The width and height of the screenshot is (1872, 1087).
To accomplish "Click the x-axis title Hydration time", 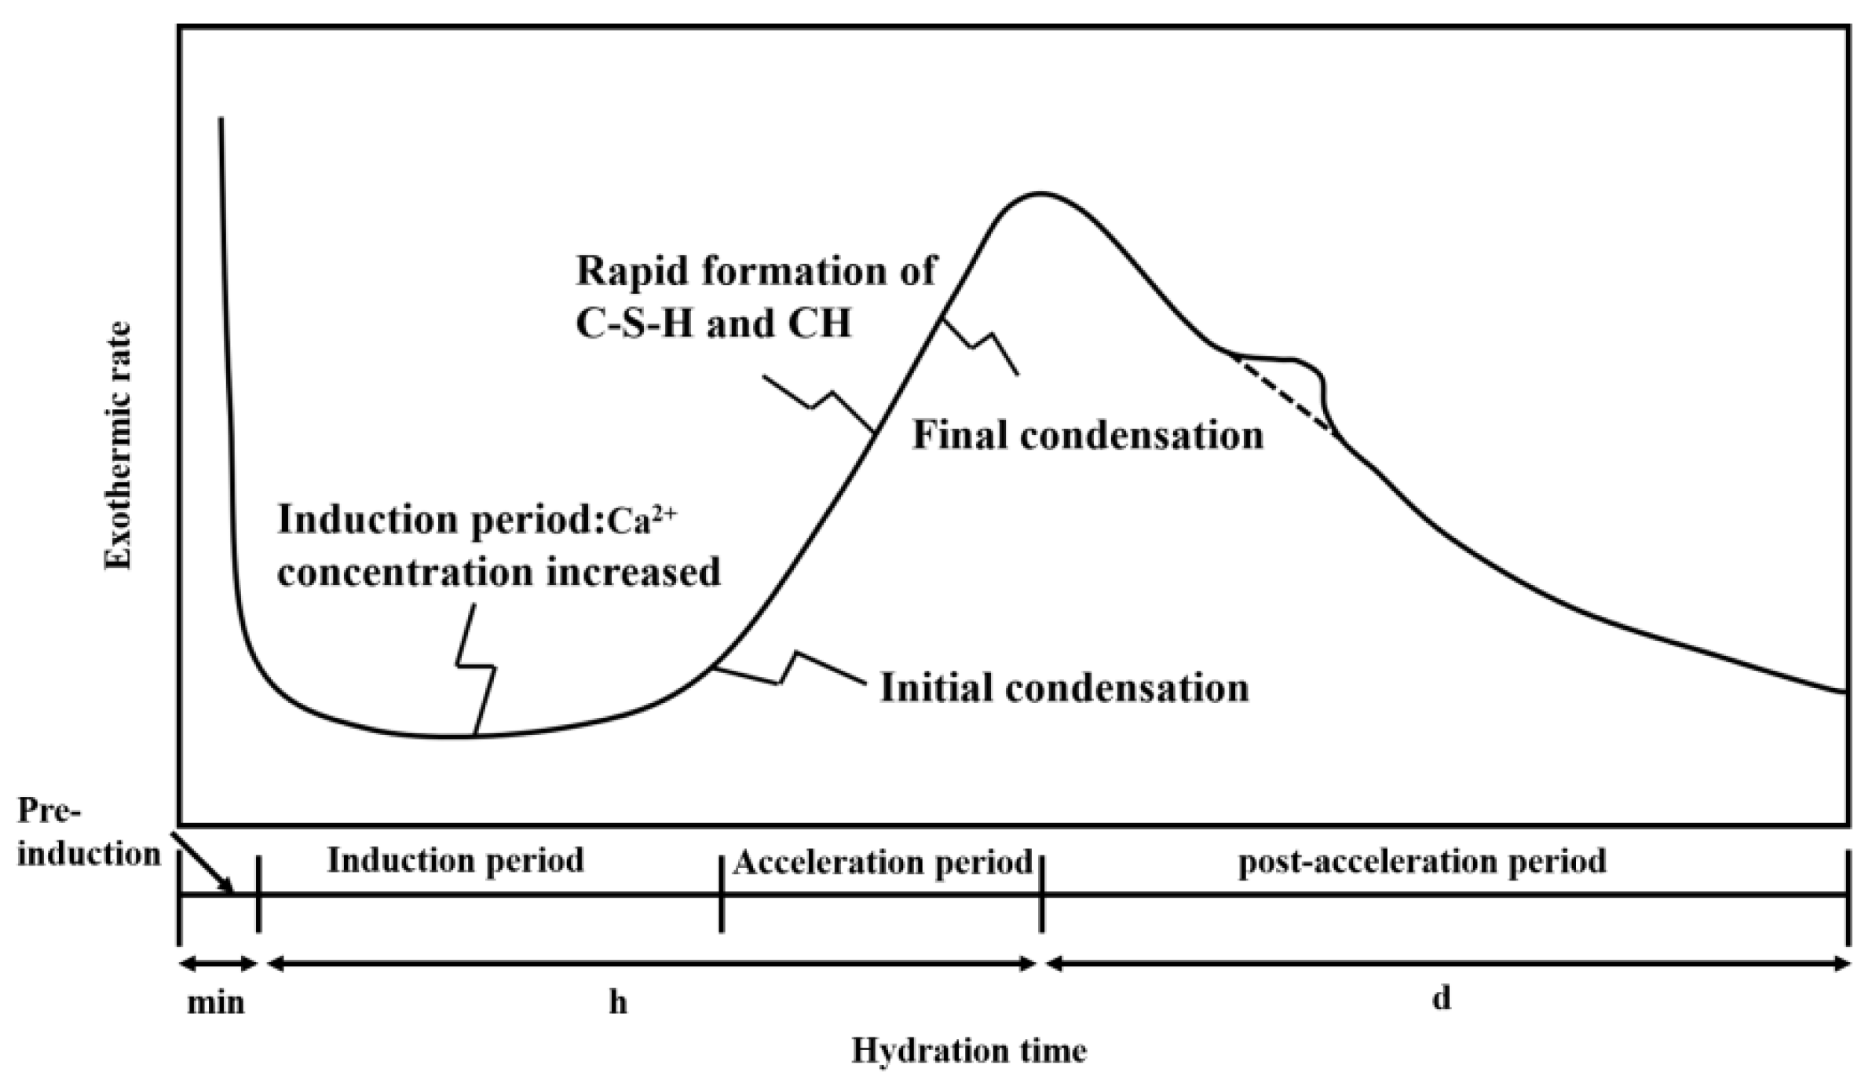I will coord(969,1051).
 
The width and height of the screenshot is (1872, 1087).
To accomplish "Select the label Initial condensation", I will coord(1064,688).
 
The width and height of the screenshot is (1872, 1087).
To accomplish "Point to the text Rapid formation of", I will coord(756,272).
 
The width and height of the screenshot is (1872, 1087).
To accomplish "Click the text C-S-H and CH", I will coord(713,324).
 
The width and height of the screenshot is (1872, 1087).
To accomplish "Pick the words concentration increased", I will coord(499,573).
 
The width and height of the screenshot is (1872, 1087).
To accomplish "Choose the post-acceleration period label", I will coord(1422,862).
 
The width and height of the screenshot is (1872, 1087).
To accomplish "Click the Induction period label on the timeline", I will coord(455,861).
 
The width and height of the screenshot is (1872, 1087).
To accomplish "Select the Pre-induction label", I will coord(88,833).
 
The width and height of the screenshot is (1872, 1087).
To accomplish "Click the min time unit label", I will coord(216,1003).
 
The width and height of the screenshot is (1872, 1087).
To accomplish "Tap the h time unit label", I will coord(618,1003).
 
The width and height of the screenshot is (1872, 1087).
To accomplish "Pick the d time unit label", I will coord(1442,999).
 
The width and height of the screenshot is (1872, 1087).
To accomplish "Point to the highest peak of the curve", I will coord(1039,193).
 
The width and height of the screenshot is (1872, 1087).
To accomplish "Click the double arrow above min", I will coord(218,964).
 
